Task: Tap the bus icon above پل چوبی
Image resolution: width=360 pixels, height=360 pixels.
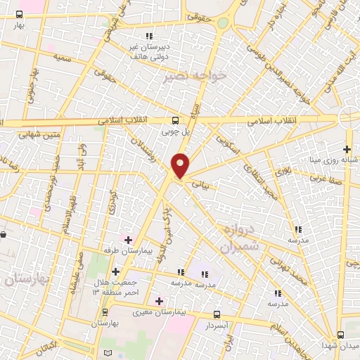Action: pos(176,120)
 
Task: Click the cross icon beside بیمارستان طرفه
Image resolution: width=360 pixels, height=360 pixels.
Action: pos(128,240)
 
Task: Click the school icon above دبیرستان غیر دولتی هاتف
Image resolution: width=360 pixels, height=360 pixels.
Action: pos(148,36)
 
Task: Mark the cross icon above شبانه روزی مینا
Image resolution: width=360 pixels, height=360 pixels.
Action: pos(347,148)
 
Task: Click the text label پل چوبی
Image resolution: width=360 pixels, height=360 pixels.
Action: pos(176,131)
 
